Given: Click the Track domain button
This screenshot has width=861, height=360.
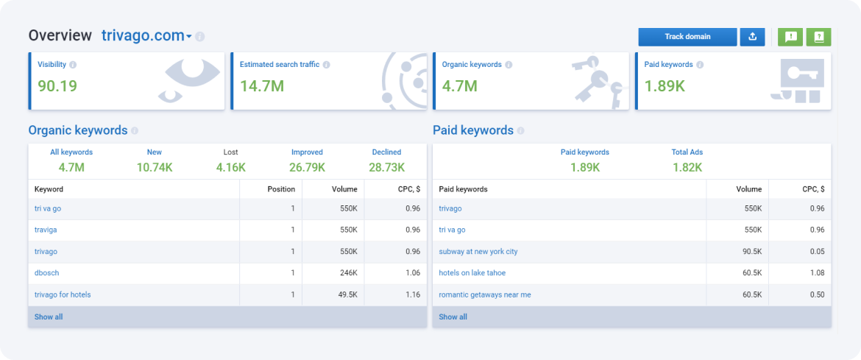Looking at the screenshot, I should click(687, 37).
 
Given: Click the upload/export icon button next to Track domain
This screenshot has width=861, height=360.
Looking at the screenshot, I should click(752, 37).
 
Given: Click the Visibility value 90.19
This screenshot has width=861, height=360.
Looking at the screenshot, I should click(57, 86).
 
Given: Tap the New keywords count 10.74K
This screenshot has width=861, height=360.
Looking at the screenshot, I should click(155, 167).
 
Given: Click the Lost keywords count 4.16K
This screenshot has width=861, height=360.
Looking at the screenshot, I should click(231, 167).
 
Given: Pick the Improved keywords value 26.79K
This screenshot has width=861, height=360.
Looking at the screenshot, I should click(307, 167).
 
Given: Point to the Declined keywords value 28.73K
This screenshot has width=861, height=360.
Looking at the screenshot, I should click(387, 167).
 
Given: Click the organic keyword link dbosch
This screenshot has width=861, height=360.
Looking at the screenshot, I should click(46, 273).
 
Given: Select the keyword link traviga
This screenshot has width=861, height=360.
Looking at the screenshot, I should click(46, 230).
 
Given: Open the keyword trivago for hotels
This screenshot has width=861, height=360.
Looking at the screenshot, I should click(63, 294).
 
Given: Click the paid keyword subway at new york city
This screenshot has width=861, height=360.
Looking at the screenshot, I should click(478, 252).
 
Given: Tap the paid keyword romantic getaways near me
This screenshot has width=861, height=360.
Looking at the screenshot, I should click(484, 294).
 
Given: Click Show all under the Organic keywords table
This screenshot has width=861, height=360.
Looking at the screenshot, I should click(49, 317).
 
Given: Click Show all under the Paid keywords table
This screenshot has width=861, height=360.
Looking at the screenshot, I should click(453, 317).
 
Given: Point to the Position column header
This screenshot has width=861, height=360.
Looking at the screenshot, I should click(281, 189).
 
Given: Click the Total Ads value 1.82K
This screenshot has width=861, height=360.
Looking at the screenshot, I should click(687, 167).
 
